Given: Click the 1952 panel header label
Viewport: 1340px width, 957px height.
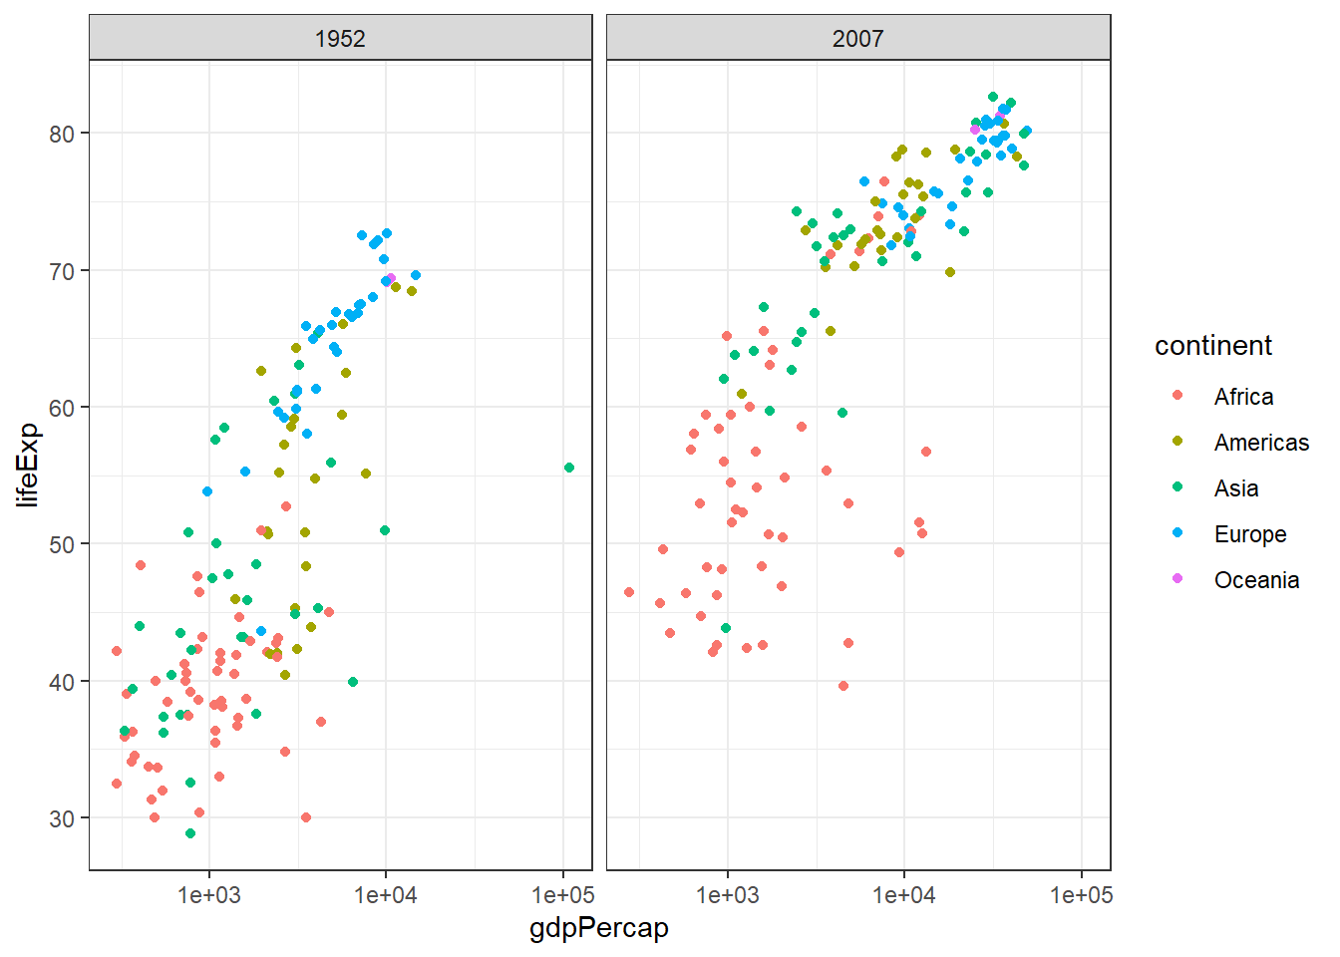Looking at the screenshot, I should [x=340, y=39].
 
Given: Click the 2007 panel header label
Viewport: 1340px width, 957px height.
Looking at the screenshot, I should [x=857, y=39].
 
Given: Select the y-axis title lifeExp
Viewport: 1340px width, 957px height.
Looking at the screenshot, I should [x=28, y=465].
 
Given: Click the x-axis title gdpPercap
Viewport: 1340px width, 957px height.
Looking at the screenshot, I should [x=598, y=928].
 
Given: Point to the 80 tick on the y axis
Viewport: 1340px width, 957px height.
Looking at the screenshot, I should [x=62, y=134].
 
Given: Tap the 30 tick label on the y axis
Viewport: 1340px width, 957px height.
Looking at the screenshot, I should [x=62, y=818].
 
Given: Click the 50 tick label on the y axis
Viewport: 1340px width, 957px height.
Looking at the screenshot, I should [x=62, y=544].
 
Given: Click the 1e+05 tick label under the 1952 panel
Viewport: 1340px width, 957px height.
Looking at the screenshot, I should [x=562, y=895].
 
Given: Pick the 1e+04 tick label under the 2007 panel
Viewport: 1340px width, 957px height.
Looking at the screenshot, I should [x=903, y=895].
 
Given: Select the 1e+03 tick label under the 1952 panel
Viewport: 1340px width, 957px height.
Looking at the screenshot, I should [x=209, y=895].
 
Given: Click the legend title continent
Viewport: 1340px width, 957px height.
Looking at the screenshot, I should [x=1213, y=346].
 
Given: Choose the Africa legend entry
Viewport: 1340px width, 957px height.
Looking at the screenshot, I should [x=1243, y=397].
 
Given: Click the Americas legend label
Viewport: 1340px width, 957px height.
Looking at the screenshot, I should [x=1261, y=443].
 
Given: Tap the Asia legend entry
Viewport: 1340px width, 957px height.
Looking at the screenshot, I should [x=1236, y=488].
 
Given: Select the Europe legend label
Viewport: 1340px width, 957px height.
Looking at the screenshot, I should [x=1250, y=534].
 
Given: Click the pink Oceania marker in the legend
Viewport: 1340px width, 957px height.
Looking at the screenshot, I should [x=1177, y=579].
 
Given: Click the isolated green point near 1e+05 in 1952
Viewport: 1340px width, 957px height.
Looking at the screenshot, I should [x=569, y=468].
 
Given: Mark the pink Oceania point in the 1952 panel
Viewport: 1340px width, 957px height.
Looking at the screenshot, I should [x=391, y=279].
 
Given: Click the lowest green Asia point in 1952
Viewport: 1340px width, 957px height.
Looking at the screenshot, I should [x=190, y=833].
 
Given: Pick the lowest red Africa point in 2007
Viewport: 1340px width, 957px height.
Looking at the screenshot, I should [x=843, y=686].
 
